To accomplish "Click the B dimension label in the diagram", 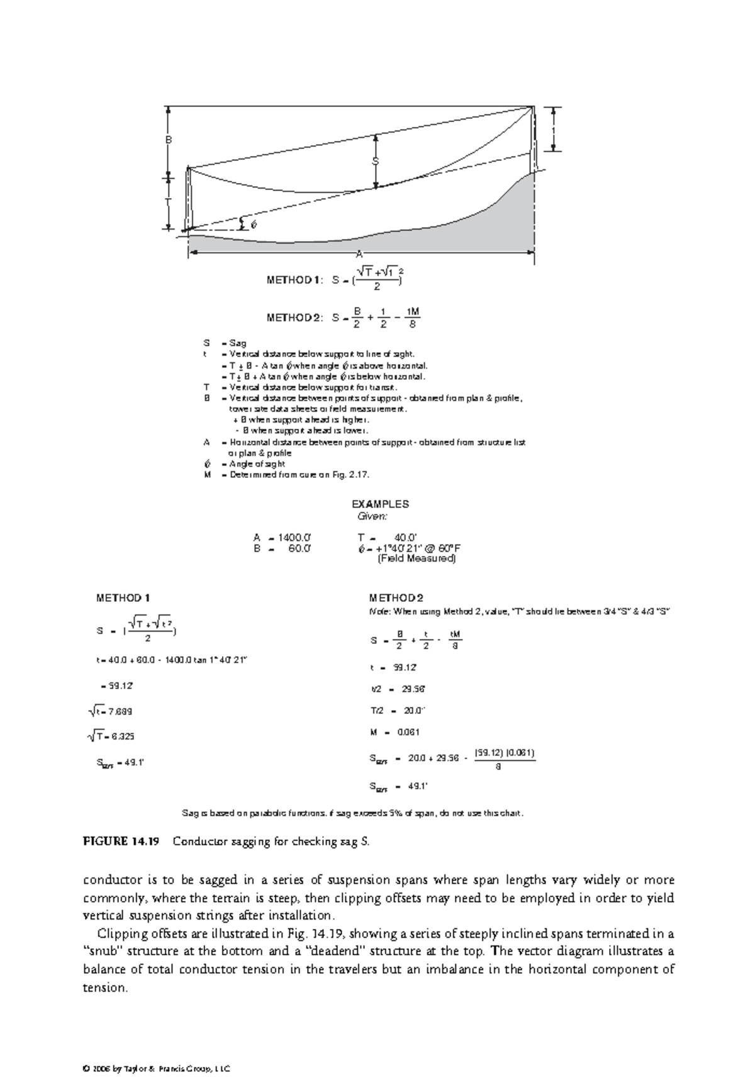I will [x=169, y=140].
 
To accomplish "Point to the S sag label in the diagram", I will [x=376, y=162].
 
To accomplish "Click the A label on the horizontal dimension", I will [x=359, y=253].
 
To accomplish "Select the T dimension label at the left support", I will [x=169, y=202].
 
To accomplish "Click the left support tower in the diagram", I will [x=187, y=199].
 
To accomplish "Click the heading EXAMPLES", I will [x=380, y=504].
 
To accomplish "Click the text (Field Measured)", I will [x=417, y=558].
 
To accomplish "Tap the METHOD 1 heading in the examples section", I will [x=123, y=597].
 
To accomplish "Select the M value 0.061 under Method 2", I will [x=408, y=732].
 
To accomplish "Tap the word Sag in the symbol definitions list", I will [x=238, y=343].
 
